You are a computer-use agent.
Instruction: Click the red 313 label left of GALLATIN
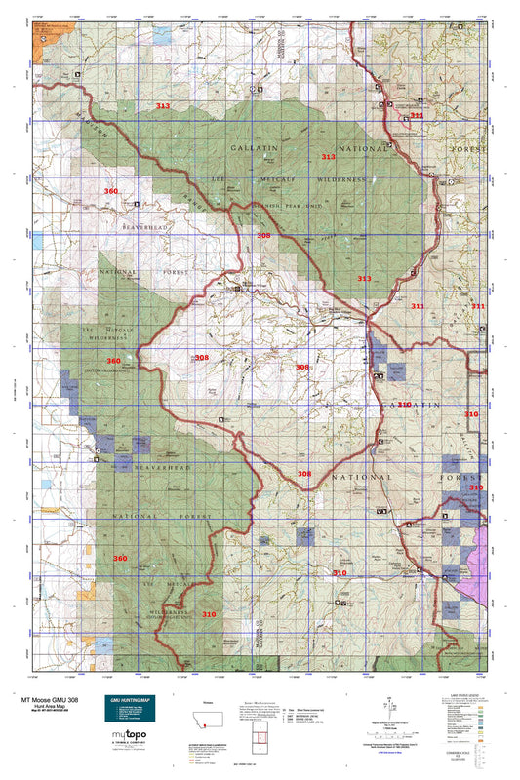[163, 105]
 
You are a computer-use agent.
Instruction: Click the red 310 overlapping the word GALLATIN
[404, 403]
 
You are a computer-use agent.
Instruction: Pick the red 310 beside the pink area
[476, 487]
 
